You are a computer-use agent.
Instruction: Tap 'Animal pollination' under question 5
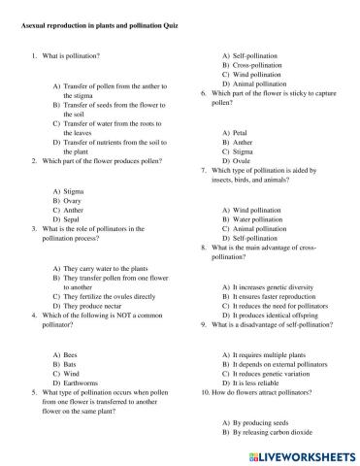click(260, 84)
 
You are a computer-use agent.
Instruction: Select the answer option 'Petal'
click(242, 133)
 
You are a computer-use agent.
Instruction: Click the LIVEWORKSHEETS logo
click(297, 454)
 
